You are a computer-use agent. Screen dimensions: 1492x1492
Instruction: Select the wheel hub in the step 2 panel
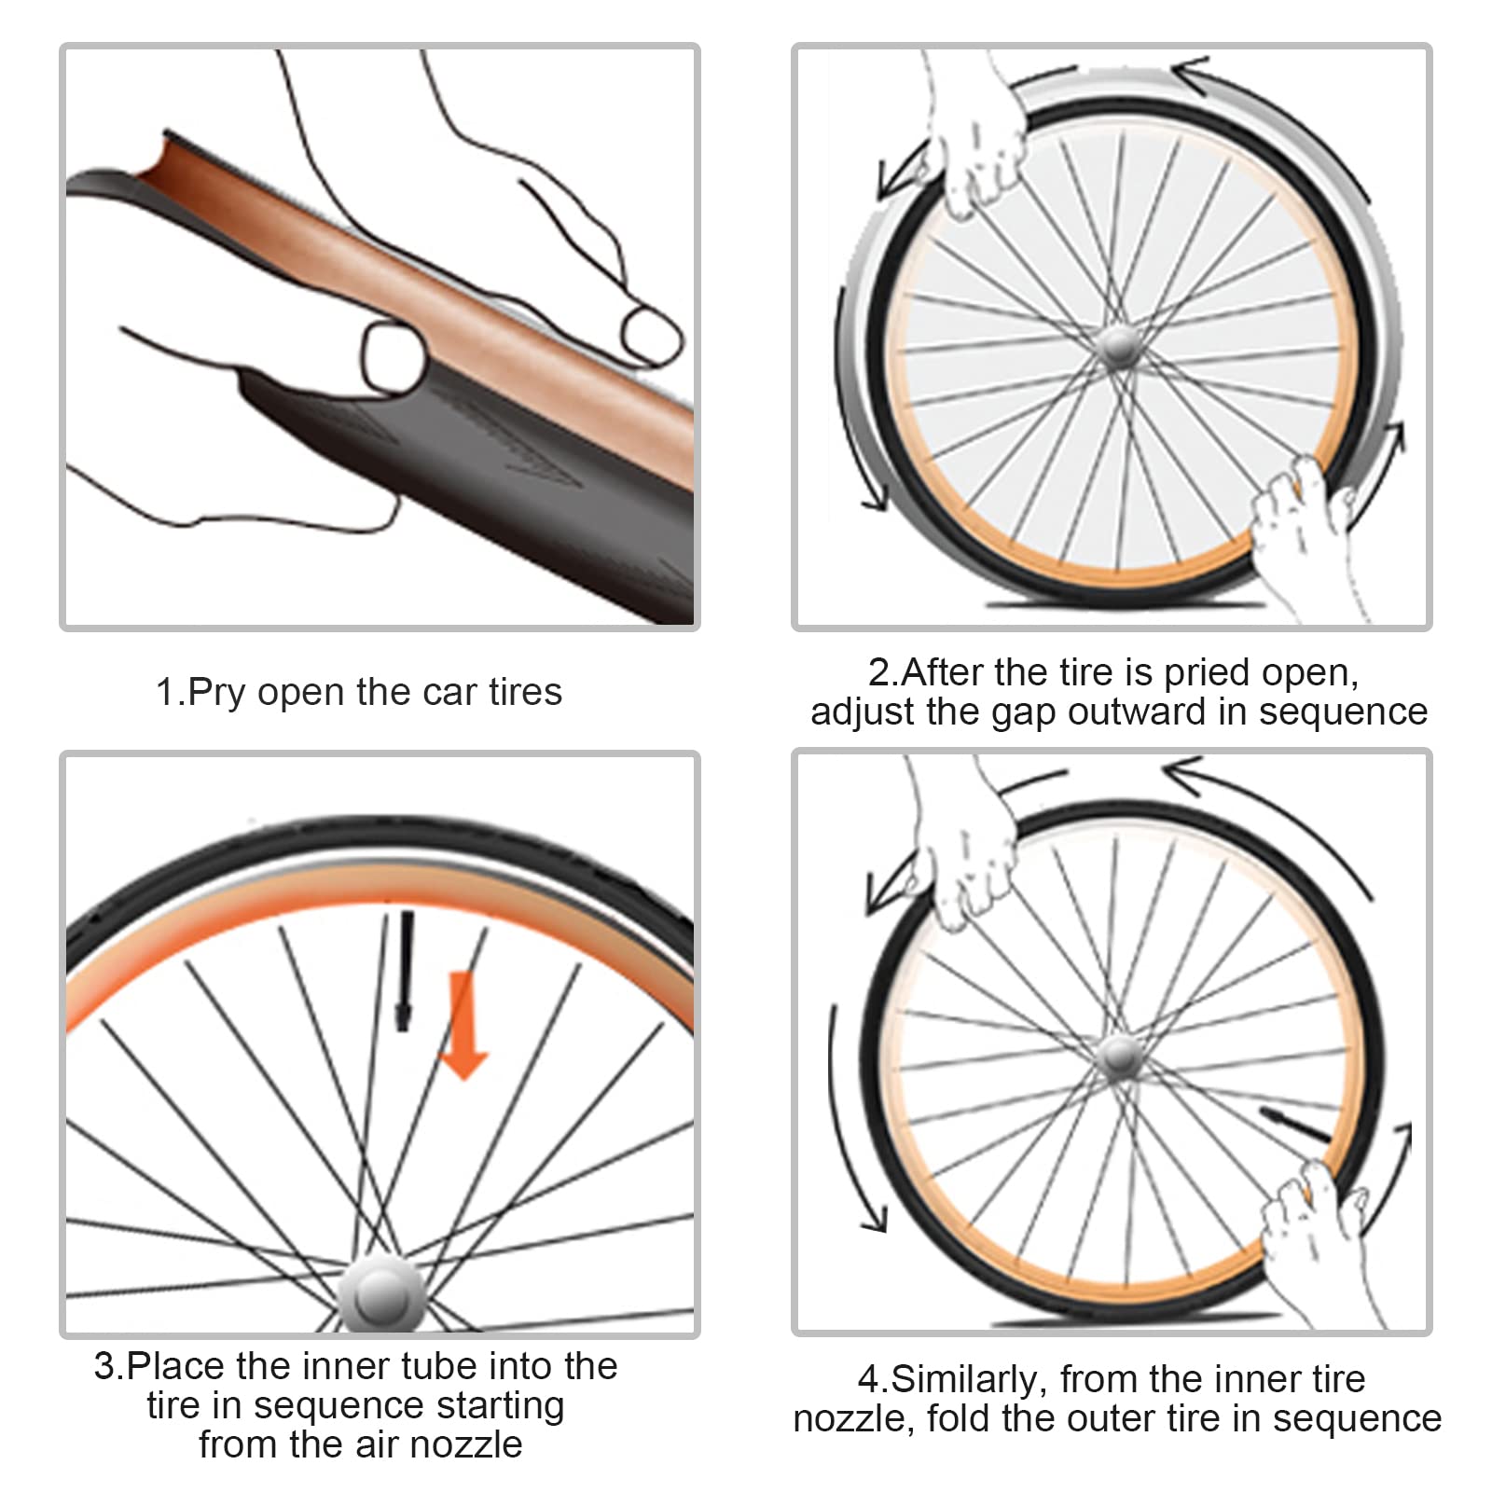coord(1116,349)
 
